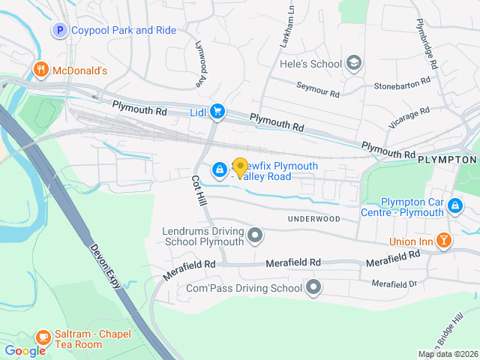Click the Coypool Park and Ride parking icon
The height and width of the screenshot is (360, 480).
coord(59,31)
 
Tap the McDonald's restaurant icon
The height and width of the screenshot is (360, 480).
coord(40,70)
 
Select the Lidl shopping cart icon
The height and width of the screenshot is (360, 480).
coord(217,112)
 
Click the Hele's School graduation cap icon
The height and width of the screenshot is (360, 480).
coord(354,64)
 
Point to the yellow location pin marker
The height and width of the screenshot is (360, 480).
coord(240,168)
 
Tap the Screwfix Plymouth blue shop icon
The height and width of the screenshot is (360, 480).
coord(219,169)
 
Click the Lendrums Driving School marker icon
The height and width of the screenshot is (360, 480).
coord(256,237)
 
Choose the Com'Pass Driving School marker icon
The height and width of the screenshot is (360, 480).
coord(313,287)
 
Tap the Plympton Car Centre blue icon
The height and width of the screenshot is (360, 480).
coord(454,205)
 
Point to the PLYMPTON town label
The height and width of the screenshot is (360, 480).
coord(448,160)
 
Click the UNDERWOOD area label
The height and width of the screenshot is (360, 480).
coord(313,219)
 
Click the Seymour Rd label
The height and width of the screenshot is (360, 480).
coord(317,90)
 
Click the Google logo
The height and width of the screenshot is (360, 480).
coord(25,351)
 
